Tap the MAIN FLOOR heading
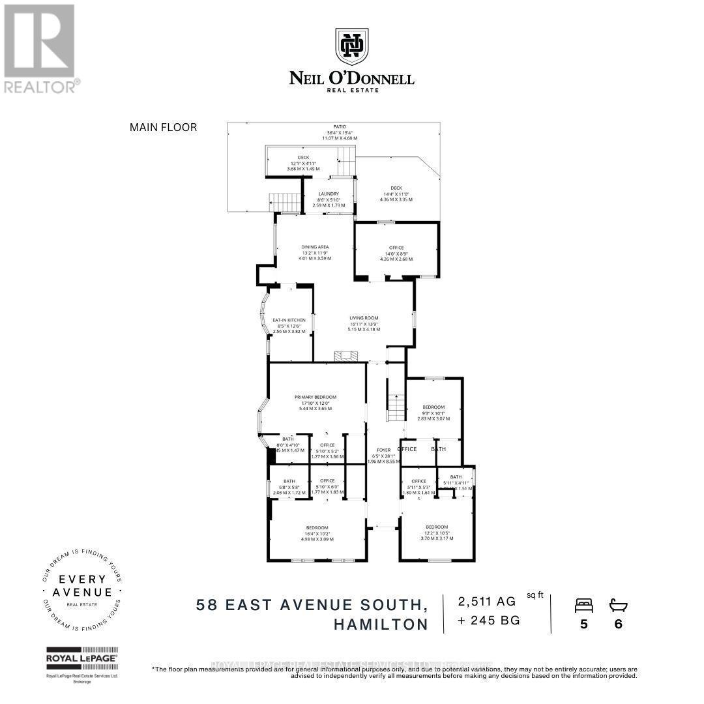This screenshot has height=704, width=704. click(163, 128)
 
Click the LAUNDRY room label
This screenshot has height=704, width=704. click(328, 194)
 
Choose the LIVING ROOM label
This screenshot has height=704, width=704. click(364, 318)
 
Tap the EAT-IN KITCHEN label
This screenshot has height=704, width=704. click(289, 320)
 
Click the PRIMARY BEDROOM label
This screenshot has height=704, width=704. click(315, 397)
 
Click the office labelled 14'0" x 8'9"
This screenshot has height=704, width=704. click(396, 248)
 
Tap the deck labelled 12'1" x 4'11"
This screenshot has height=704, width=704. click(303, 157)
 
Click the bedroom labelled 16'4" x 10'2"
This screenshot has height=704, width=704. click(317, 527)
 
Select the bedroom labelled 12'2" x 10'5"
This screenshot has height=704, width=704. click(437, 527)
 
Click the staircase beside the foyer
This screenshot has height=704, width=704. click(396, 407)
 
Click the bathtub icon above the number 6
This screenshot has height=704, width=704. click(618, 606)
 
